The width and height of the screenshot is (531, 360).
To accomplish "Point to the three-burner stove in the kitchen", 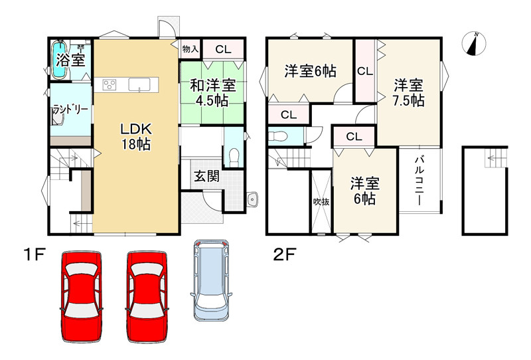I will [110, 84].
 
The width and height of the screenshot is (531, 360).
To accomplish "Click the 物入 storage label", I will [189, 48].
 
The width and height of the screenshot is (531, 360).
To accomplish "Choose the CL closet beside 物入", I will [223, 48].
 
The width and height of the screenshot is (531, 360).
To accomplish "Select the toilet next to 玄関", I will [233, 157].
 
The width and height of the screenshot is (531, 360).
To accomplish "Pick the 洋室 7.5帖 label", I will [408, 93].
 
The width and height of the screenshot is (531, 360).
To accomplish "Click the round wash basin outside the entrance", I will [252, 200].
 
